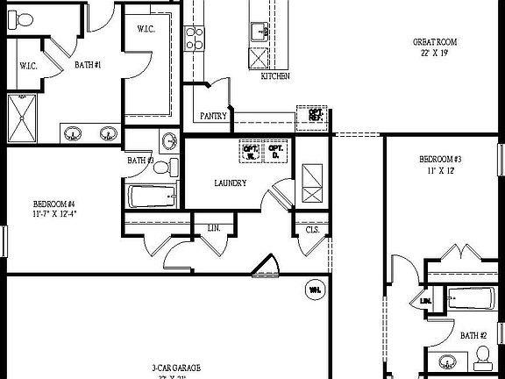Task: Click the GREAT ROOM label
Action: tap(435, 42)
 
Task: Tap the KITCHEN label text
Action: tap(275, 76)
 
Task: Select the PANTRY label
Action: tap(213, 116)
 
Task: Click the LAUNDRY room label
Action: tap(230, 183)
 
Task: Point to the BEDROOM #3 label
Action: tap(440, 159)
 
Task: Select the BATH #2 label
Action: tap(473, 334)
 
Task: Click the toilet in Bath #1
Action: tap(26, 19)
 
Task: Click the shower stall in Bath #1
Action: tap(24, 117)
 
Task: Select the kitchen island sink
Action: tap(260, 32)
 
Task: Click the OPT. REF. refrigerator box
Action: tap(311, 115)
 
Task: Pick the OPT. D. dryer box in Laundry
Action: tap(276, 152)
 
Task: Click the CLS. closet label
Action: tap(312, 229)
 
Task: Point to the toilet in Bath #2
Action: tap(483, 354)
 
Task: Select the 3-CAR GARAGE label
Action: tap(166, 368)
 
